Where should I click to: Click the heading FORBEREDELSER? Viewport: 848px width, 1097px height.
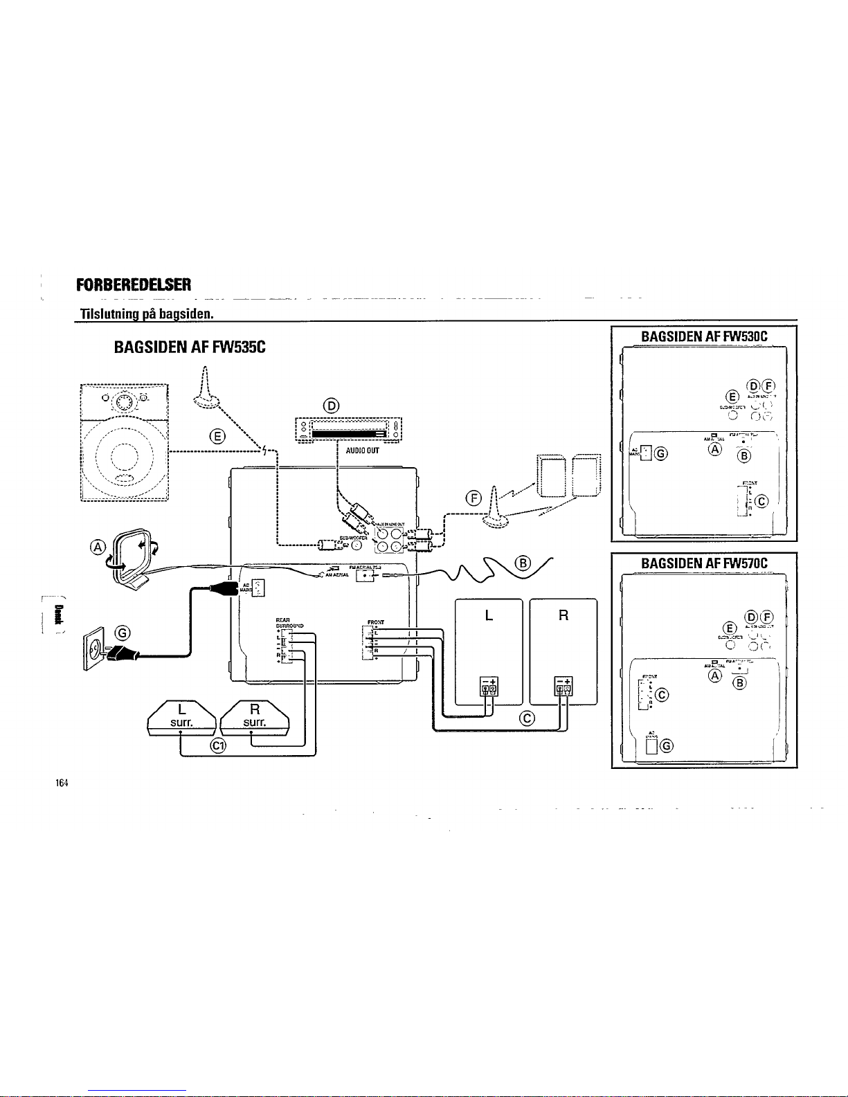[x=134, y=286]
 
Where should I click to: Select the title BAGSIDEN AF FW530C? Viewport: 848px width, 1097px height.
[x=705, y=336]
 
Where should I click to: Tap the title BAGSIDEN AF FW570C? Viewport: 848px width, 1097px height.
[x=705, y=562]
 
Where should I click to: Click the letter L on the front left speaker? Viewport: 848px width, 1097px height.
[x=489, y=615]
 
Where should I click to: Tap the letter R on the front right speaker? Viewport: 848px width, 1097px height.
[x=563, y=615]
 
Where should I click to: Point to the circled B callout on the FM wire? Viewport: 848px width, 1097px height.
[x=524, y=562]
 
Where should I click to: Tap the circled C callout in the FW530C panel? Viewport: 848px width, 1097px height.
[x=762, y=501]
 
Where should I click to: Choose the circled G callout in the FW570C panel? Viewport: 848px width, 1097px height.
[x=667, y=745]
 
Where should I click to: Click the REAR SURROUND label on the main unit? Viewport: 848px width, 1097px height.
[x=287, y=623]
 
